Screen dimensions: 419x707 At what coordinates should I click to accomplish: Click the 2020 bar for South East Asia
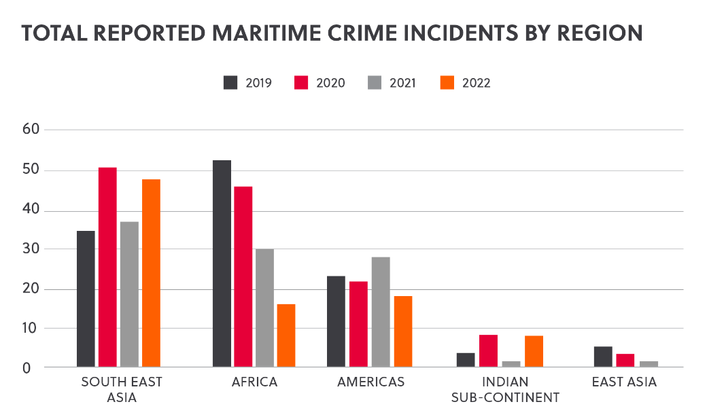(107, 268)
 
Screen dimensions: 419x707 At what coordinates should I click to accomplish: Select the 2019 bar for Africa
(222, 264)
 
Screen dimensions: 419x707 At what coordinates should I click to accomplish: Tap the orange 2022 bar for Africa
(286, 335)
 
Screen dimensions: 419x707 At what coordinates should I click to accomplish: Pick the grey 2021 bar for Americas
(381, 312)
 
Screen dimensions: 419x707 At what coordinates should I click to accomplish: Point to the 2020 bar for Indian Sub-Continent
(488, 351)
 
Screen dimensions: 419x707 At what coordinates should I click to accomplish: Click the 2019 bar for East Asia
(603, 357)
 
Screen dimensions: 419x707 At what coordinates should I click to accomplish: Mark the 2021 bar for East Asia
(649, 364)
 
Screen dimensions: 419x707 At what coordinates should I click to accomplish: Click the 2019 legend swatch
(230, 83)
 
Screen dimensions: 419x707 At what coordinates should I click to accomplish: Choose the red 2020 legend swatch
(302, 83)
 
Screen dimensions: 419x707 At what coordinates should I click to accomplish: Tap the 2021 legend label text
(402, 84)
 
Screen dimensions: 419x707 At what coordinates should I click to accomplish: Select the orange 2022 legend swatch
(446, 83)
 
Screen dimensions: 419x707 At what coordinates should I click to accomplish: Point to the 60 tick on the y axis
(32, 130)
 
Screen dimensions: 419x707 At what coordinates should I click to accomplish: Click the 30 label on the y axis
(32, 249)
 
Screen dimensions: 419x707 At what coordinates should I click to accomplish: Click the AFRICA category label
(254, 382)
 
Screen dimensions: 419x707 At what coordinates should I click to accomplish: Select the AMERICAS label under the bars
(370, 382)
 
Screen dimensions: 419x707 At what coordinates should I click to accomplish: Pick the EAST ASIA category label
(624, 382)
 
